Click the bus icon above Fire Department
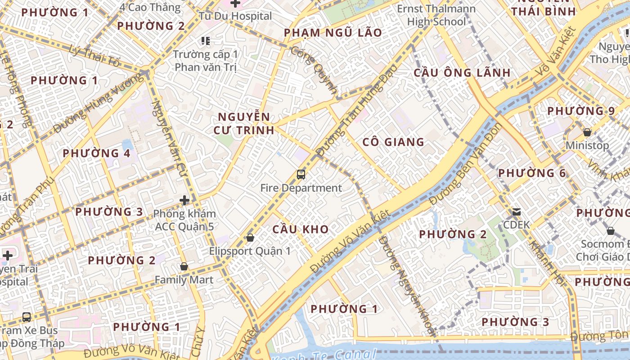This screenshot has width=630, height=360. [x=301, y=175]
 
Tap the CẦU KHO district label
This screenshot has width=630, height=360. [x=301, y=229]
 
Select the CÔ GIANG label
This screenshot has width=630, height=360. [x=393, y=142]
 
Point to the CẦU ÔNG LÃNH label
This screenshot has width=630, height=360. [x=462, y=72]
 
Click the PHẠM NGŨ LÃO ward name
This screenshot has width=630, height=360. [x=333, y=32]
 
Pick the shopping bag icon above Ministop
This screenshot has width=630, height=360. [x=587, y=132]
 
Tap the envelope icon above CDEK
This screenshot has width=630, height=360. [x=517, y=211]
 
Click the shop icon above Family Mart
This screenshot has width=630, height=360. [x=184, y=266]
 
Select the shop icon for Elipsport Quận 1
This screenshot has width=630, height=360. [x=250, y=238]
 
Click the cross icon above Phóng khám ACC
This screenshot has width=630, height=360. [x=184, y=200]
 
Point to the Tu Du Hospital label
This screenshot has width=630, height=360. [x=235, y=16]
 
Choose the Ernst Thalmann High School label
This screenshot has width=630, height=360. [x=436, y=15]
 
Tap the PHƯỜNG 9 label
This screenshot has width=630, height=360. [x=581, y=111]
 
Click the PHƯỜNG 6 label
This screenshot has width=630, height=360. [x=532, y=173]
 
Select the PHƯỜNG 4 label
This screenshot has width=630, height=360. [x=96, y=153]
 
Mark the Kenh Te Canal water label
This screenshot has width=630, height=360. [x=324, y=355]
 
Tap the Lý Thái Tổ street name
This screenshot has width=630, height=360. [x=94, y=57]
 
